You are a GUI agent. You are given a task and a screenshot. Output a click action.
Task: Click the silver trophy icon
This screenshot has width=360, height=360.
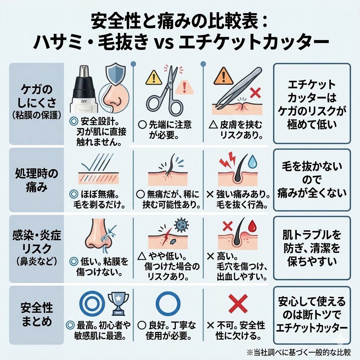118,303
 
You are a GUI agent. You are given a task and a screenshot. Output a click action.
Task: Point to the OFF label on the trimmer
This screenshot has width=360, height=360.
84,101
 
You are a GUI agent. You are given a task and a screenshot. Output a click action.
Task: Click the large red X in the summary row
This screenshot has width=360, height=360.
238,304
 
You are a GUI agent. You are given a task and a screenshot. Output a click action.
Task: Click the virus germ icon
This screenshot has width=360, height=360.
181,225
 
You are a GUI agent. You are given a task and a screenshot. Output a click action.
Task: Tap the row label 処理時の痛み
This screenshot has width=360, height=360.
37,180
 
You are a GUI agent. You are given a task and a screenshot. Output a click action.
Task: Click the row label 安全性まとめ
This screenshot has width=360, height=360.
37,315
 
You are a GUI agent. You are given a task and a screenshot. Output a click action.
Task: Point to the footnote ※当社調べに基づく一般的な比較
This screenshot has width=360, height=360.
299,352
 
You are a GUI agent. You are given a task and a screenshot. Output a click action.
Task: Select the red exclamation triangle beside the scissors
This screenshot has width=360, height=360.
184,88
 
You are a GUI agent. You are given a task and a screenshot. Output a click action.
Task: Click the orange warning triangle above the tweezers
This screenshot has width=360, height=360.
223,77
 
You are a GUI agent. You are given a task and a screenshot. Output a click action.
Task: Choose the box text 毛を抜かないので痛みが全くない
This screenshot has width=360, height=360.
312,180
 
